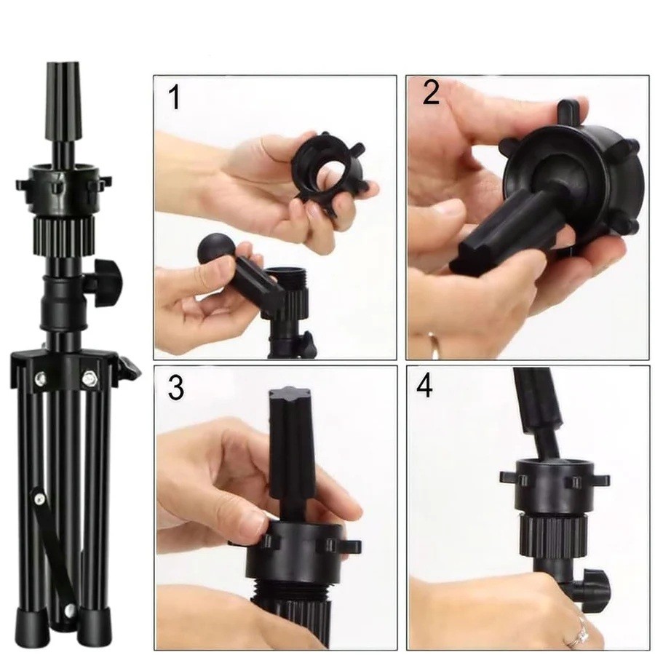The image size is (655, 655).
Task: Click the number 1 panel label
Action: coord(174,98)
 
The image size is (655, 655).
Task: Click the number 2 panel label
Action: coord(431,92)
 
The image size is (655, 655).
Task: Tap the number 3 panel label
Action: coord(176,388)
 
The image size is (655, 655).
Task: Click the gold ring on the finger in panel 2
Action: coord(435,345)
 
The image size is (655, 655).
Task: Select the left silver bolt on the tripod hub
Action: coord(41,378)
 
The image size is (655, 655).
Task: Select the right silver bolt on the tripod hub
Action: coord(89,379)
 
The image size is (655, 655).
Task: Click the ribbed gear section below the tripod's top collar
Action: coord(64,237)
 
